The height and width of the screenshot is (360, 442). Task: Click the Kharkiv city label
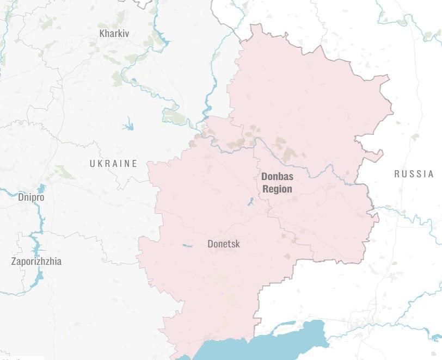(x=114, y=33)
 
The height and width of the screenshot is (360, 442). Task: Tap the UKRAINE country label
(x=113, y=164)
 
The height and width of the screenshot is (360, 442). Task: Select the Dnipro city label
(x=31, y=197)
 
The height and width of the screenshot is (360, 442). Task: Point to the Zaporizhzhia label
(x=36, y=262)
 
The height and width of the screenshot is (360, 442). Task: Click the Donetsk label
(x=223, y=244)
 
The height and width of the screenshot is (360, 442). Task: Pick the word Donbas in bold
(x=277, y=177)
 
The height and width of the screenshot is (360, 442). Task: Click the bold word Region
(x=278, y=189)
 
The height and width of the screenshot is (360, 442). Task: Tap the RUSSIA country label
(x=414, y=174)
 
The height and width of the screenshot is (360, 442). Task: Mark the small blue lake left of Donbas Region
(x=250, y=202)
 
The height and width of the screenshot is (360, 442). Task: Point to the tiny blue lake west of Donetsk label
(x=187, y=246)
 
